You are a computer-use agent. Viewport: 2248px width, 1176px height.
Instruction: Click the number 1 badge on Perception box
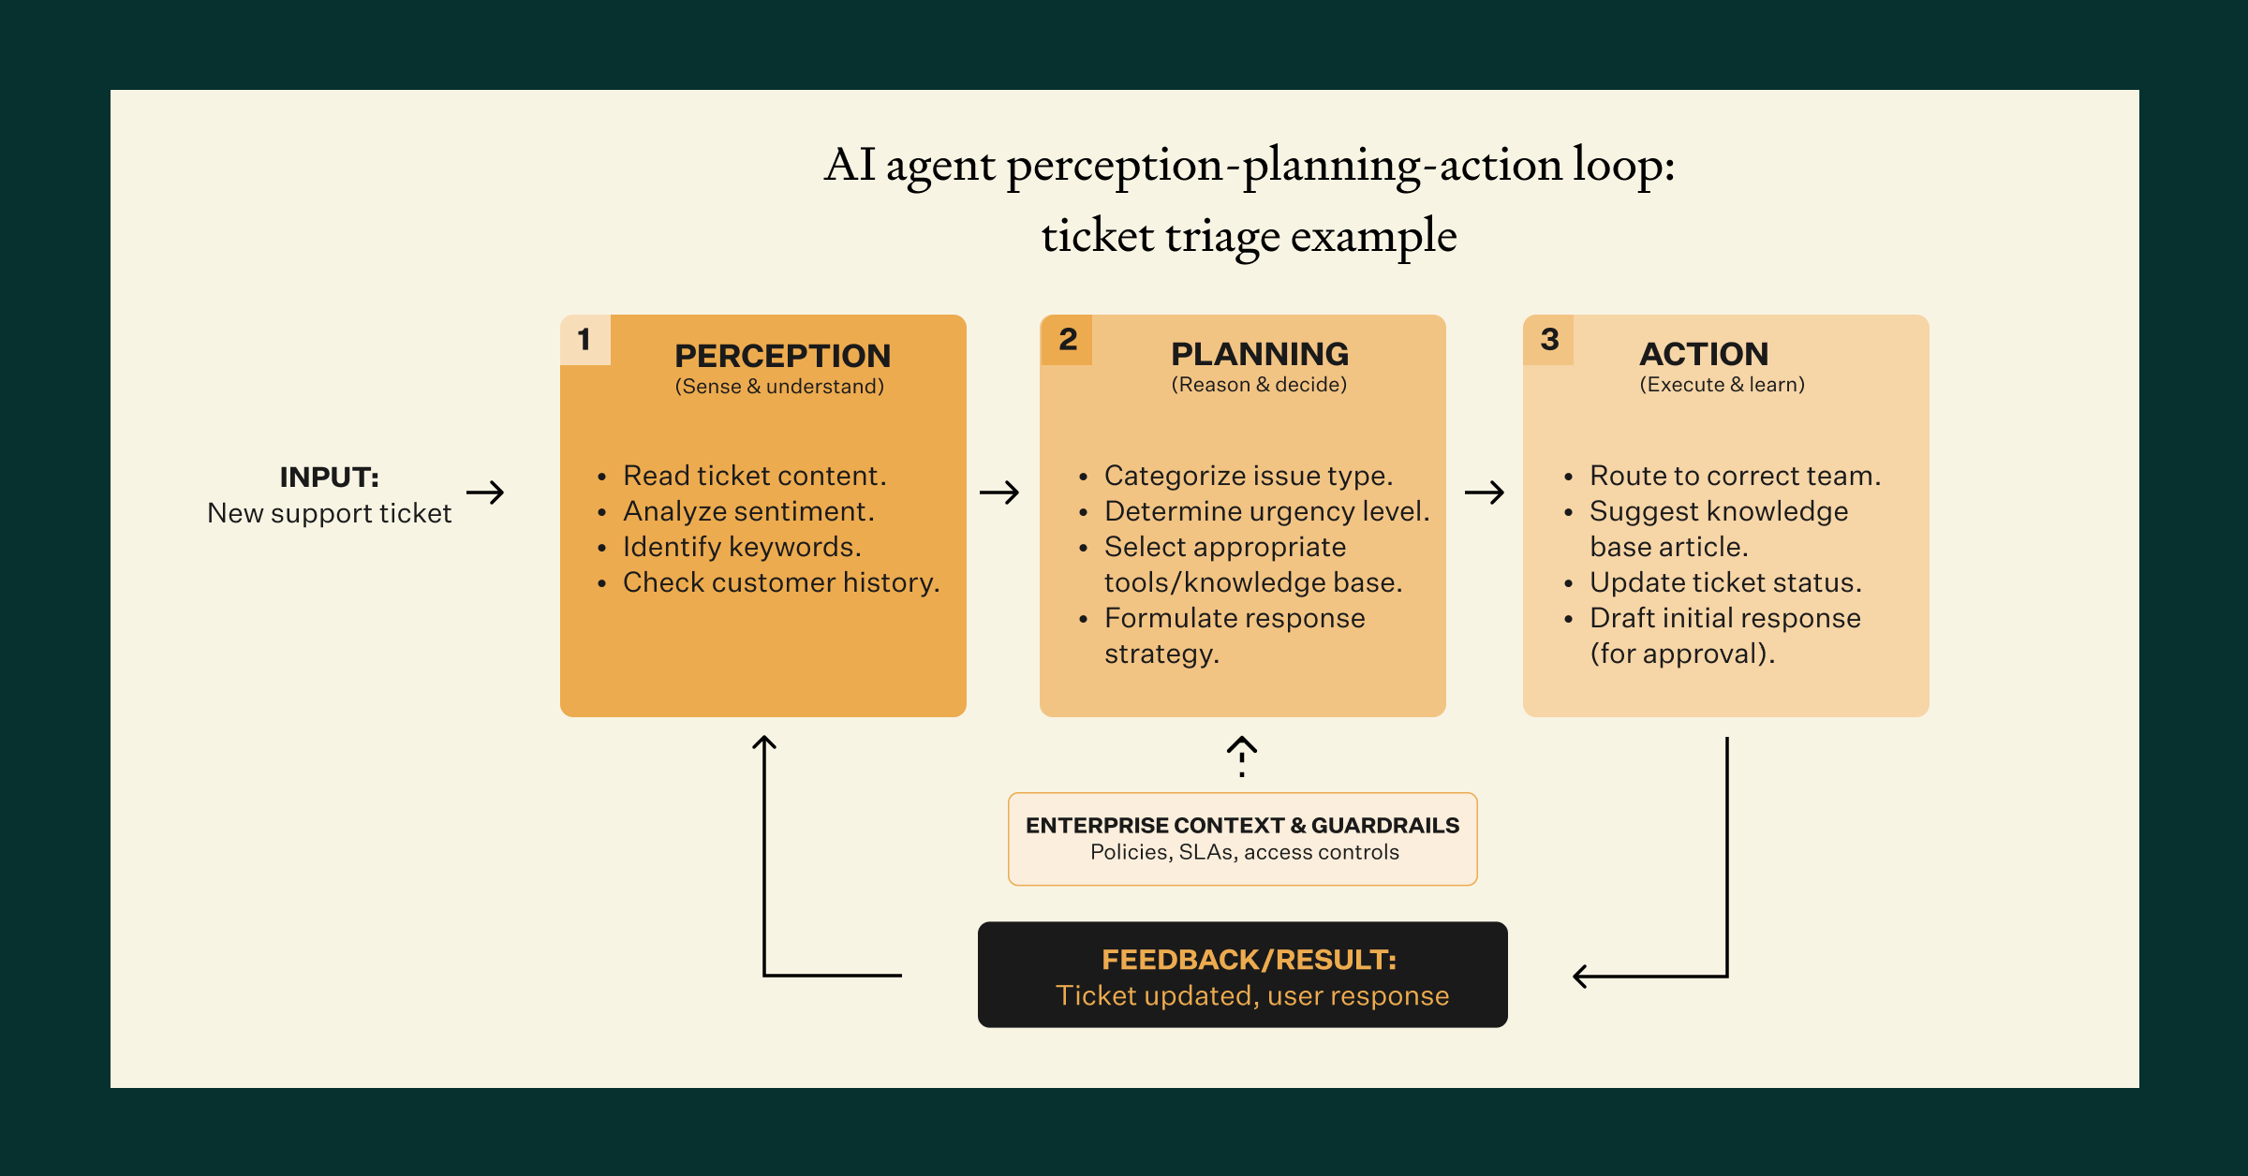(584, 340)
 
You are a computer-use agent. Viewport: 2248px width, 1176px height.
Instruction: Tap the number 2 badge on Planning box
(1067, 340)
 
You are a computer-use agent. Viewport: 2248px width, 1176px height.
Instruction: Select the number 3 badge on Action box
(1549, 340)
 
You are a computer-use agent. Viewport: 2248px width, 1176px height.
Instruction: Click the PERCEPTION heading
(782, 356)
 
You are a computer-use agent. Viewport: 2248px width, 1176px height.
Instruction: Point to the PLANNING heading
(1259, 354)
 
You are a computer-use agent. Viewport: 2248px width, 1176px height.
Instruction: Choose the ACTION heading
(1703, 354)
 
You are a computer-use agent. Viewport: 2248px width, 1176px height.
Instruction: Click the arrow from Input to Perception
(485, 492)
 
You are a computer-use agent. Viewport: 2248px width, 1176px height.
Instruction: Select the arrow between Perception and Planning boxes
(999, 492)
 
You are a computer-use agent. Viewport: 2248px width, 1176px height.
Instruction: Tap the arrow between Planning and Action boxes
(1485, 492)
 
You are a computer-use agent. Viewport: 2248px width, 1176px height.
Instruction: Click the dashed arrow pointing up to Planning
(1242, 756)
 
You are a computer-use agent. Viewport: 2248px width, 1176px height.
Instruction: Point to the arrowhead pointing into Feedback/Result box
(1581, 977)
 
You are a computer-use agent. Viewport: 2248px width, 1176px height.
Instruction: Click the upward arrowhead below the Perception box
(764, 744)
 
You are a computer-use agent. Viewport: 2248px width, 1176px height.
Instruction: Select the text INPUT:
(329, 478)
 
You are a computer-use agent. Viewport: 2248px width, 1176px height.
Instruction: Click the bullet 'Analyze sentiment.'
(748, 511)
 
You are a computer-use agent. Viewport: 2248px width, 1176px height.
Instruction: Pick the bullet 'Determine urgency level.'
(1266, 511)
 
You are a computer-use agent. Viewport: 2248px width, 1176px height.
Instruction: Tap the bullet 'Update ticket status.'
(1724, 582)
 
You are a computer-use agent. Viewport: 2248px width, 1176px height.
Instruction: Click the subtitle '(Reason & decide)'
(1259, 385)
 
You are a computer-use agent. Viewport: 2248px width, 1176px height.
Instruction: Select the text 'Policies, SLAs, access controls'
(1244, 852)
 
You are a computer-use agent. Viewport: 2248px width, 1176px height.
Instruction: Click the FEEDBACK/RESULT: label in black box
(1249, 960)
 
